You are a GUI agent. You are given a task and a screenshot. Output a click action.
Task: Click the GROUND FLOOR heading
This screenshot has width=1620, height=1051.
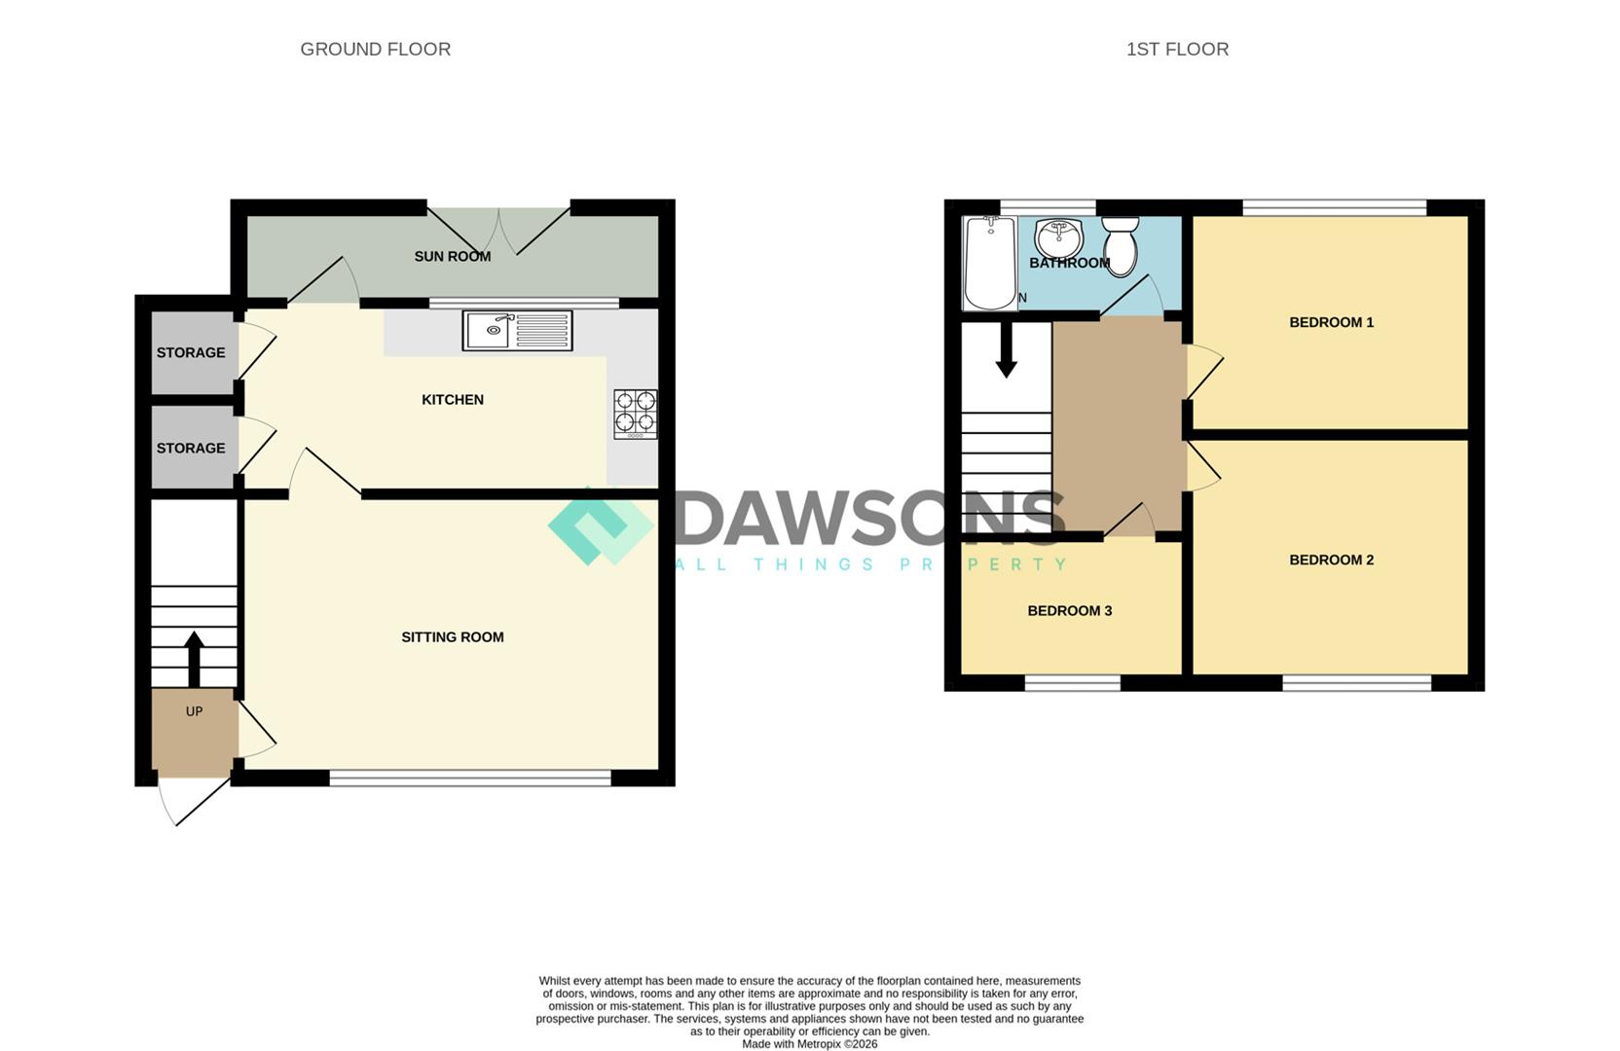pos(376,50)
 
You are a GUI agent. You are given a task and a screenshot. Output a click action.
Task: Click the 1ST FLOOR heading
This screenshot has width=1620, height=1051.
pos(1177,50)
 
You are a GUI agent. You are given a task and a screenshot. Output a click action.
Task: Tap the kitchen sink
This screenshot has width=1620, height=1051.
pos(517,330)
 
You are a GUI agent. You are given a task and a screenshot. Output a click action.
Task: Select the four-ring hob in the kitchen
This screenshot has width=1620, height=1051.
pos(636,415)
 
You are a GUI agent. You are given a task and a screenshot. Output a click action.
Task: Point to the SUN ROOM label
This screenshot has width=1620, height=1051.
pos(453,257)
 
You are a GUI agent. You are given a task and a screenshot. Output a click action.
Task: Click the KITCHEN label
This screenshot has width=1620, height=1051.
pos(453,400)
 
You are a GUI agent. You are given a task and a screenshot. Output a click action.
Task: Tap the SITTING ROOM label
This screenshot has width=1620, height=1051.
pos(453,636)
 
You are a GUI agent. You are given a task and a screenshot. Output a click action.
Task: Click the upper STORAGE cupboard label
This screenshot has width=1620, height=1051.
pos(191,352)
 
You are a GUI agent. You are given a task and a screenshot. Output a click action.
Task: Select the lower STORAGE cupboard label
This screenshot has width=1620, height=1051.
pos(191,449)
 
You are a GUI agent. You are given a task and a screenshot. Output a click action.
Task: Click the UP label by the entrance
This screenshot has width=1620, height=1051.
pos(194,711)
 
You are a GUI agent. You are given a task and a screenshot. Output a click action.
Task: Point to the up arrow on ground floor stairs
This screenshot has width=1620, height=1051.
pos(193,659)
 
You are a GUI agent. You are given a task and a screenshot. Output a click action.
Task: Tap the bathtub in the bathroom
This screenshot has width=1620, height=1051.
pos(990,263)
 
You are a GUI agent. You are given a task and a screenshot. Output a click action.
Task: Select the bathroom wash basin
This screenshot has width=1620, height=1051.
pos(1059,239)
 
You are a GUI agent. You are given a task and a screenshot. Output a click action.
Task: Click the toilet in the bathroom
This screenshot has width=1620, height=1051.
pos(1121,246)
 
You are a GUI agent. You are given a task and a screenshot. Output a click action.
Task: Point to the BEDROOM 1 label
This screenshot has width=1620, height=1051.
pos(1332,322)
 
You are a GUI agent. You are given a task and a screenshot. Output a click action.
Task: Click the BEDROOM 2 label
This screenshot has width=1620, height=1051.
pos(1332,560)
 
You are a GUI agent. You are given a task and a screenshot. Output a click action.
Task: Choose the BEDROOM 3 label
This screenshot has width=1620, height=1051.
pos(1070,611)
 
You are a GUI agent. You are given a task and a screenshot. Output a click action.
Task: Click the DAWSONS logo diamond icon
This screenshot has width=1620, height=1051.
pos(601,525)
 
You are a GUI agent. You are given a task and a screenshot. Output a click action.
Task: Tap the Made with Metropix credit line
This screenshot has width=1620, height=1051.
pos(810,1044)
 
